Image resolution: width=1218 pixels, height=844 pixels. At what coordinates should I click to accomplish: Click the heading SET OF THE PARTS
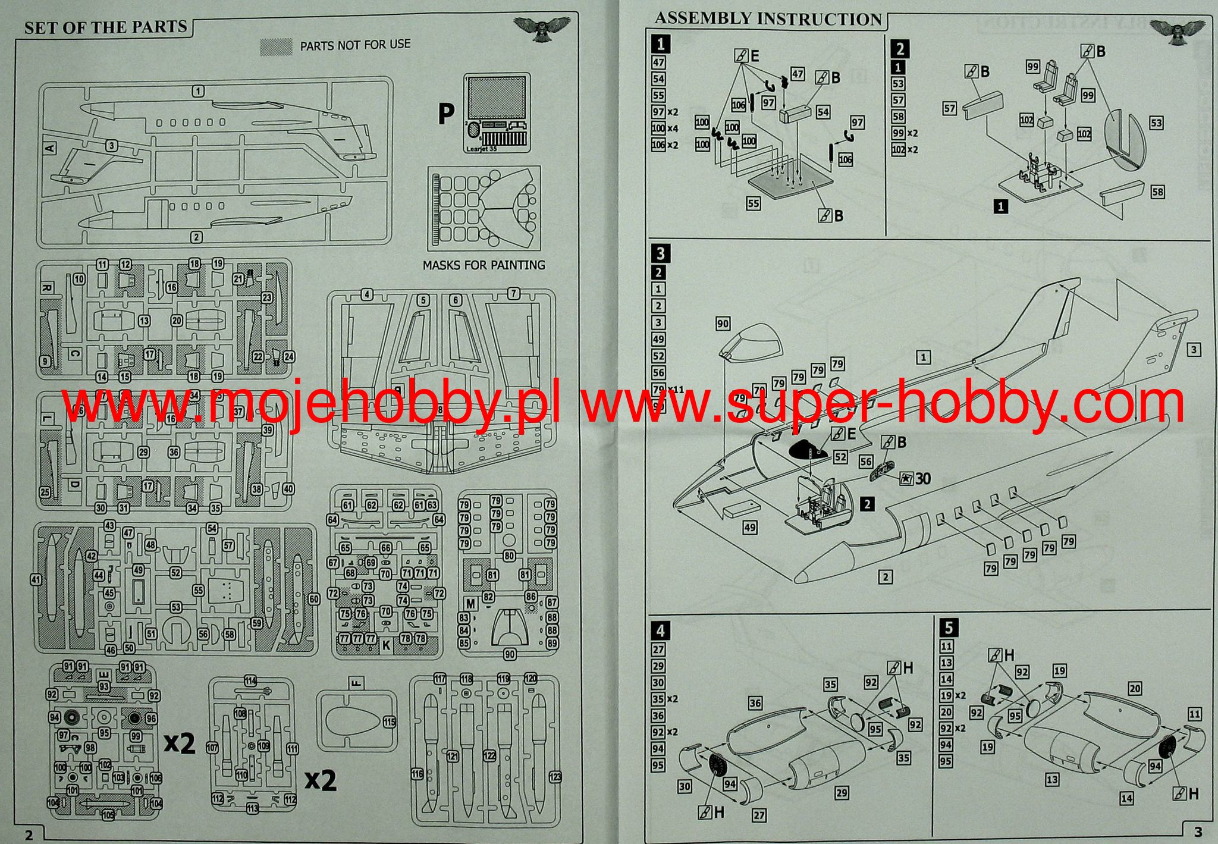105,27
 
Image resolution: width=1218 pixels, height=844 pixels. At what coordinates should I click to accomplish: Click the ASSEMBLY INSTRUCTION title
768,19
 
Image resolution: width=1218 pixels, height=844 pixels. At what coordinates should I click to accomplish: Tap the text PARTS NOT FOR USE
355,45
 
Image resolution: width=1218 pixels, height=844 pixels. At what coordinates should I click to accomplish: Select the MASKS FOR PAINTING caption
484,265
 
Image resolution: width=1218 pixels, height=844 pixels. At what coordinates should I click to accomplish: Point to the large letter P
445,114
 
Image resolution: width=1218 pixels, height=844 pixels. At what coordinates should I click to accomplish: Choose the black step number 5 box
948,627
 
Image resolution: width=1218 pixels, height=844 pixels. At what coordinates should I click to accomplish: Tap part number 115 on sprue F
390,722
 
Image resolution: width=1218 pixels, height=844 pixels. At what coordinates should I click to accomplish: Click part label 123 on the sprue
555,777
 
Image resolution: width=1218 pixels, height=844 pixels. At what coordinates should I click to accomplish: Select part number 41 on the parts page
36,579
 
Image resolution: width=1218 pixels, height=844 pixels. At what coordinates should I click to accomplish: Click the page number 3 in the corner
1198,832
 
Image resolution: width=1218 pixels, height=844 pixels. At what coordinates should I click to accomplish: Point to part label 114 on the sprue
250,681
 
